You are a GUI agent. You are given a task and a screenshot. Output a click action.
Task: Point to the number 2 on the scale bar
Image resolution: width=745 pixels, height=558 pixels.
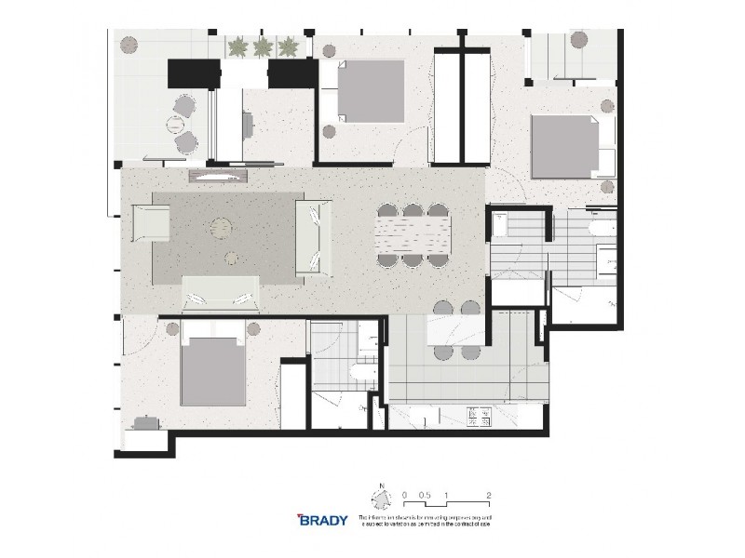[x=489, y=496]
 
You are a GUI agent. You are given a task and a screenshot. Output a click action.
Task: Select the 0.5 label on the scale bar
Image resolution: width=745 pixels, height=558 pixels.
[x=425, y=496]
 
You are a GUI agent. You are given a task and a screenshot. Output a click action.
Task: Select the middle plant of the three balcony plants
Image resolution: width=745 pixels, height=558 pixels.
[x=263, y=46]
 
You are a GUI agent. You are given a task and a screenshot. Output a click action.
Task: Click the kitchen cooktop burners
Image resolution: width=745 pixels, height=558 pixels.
[x=483, y=418]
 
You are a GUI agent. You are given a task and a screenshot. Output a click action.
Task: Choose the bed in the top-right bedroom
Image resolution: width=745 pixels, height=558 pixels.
[x=566, y=146]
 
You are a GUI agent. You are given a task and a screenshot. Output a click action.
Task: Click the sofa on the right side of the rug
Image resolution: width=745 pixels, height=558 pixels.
[x=313, y=238]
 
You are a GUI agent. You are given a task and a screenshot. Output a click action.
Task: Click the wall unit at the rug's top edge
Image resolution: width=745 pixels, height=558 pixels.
[x=220, y=174]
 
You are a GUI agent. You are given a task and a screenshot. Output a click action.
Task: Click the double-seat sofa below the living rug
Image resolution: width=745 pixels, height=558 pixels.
[x=222, y=293]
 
